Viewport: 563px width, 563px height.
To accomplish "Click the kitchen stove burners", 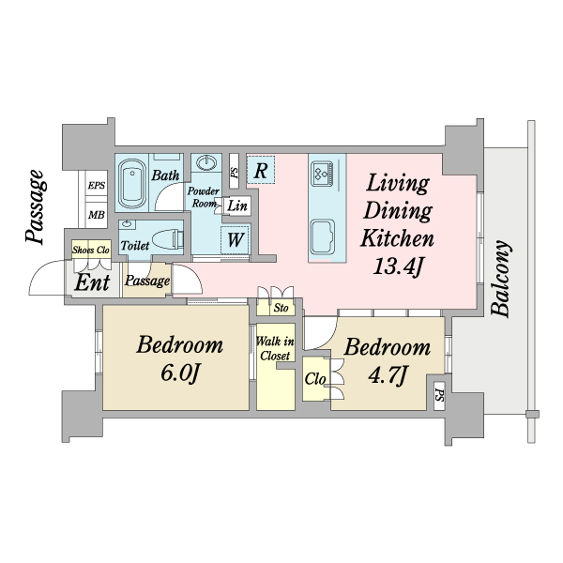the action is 322,172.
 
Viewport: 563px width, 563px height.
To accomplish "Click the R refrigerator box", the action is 262,170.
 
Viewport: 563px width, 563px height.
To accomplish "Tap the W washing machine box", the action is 236,239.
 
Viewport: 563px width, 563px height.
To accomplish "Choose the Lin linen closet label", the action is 237,205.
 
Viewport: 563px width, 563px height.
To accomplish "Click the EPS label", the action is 97,186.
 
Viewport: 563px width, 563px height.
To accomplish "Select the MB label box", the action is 97,215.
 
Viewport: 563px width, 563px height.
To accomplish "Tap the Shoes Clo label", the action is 92,250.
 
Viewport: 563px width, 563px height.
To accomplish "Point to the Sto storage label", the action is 280,307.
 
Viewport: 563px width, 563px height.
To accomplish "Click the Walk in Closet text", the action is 275,348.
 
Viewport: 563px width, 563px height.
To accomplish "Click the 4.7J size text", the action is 388,376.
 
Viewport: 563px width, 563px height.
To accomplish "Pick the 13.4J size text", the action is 399,266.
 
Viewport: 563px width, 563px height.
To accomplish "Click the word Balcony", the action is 502,279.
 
